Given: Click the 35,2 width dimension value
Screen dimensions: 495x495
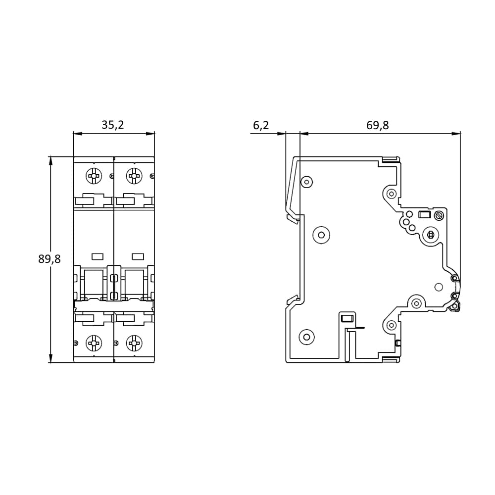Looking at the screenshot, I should pyautogui.click(x=113, y=125).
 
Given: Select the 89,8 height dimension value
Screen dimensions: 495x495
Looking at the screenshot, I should pyautogui.click(x=49, y=259).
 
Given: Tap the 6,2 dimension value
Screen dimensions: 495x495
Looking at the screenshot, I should pyautogui.click(x=261, y=126).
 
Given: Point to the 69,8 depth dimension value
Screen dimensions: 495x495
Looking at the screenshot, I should pyautogui.click(x=378, y=126).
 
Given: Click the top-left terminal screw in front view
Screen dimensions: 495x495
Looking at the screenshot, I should pyautogui.click(x=93, y=175).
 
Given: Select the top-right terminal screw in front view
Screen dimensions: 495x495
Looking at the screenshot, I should pyautogui.click(x=133, y=175).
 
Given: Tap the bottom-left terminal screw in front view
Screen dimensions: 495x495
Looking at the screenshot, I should pyautogui.click(x=93, y=342).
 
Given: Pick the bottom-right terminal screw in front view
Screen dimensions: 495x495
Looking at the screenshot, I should pyautogui.click(x=133, y=342).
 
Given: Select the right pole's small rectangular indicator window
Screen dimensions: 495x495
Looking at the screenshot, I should pyautogui.click(x=138, y=256).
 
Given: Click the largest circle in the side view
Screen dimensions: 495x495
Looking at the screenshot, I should pyautogui.click(x=322, y=235).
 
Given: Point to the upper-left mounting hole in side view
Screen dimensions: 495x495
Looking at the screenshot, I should pyautogui.click(x=307, y=182).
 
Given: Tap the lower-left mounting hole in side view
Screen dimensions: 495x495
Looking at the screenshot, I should pyautogui.click(x=307, y=337).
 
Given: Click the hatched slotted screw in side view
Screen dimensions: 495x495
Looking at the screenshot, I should pyautogui.click(x=438, y=215).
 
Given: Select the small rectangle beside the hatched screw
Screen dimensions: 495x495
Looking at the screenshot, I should pyautogui.click(x=424, y=215).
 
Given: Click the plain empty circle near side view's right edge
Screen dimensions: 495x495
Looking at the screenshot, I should pyautogui.click(x=438, y=287).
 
